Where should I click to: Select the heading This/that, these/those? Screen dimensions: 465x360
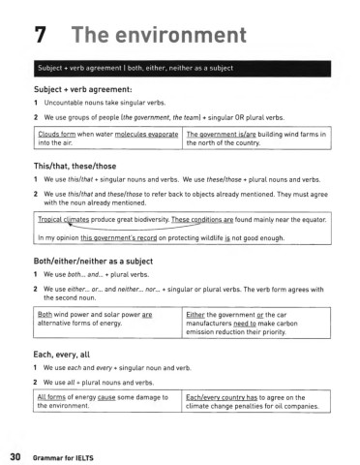point(79,167)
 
